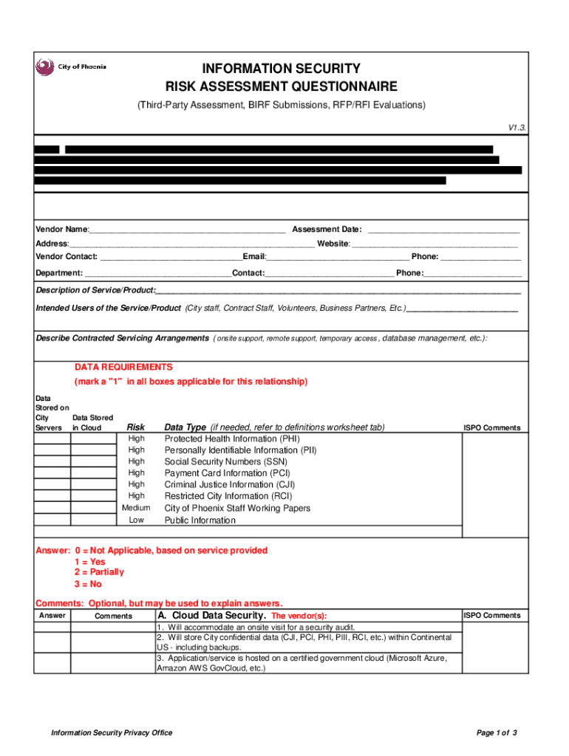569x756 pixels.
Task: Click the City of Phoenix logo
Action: coord(71,67)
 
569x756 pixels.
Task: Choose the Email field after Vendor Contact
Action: coord(338,257)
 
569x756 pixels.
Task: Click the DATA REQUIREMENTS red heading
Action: coord(123,367)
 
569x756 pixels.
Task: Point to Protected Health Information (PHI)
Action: coord(231,438)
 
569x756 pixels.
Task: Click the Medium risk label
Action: coord(136,508)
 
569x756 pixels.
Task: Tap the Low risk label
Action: coord(136,520)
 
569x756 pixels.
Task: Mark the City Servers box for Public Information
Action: coord(52,520)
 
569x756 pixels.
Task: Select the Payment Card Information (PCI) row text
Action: coord(227,473)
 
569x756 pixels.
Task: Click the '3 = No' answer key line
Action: coord(87,584)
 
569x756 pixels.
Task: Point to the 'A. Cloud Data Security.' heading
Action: coord(211,616)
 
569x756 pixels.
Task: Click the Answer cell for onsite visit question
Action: coord(52,627)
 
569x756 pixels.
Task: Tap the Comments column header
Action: coord(113,616)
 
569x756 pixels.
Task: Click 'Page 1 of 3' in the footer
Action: coord(497,732)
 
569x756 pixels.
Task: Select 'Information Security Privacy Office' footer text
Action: coord(111,732)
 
